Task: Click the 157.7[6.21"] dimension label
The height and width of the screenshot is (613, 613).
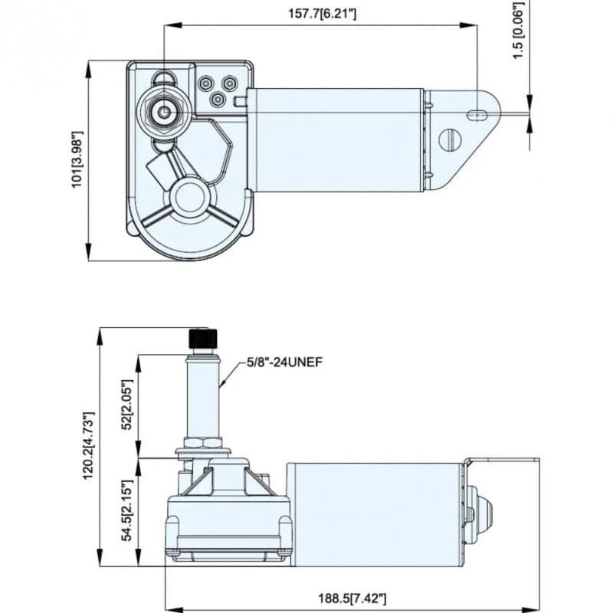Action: pos(322,14)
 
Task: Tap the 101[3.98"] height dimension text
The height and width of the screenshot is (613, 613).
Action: pos(77,159)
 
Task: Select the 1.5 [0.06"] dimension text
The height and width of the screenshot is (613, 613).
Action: pos(518,31)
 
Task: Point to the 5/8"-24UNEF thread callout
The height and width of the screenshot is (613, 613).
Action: pos(284,362)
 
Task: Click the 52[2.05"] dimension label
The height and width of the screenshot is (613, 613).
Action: pos(128,405)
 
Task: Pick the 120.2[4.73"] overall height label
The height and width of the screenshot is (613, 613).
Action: pos(89,446)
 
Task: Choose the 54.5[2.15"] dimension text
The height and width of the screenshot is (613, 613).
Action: pos(128,510)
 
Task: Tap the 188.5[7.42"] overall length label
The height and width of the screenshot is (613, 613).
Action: pos(352,598)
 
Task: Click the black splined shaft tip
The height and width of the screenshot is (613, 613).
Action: pos(203,339)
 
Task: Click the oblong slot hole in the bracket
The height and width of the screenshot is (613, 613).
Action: pos(477,114)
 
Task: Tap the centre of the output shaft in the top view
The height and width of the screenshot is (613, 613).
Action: pos(164,112)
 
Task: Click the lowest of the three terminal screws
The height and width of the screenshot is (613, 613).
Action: pos(218,100)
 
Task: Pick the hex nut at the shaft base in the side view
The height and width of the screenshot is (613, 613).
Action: pos(203,443)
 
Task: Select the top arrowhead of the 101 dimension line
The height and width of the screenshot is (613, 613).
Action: pos(89,69)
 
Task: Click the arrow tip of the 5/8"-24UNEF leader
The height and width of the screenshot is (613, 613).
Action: pos(220,387)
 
